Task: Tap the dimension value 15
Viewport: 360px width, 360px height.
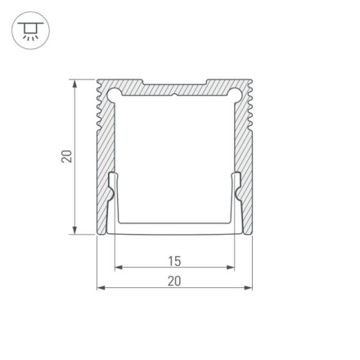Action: point(174,262)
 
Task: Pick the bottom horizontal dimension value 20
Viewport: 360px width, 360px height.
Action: point(174,281)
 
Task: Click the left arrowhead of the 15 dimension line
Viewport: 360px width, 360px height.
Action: point(118,268)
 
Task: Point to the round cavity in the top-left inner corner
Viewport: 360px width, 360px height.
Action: point(114,94)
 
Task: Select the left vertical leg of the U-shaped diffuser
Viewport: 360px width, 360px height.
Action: point(114,200)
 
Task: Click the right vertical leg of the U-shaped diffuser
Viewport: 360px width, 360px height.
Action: point(235,200)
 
